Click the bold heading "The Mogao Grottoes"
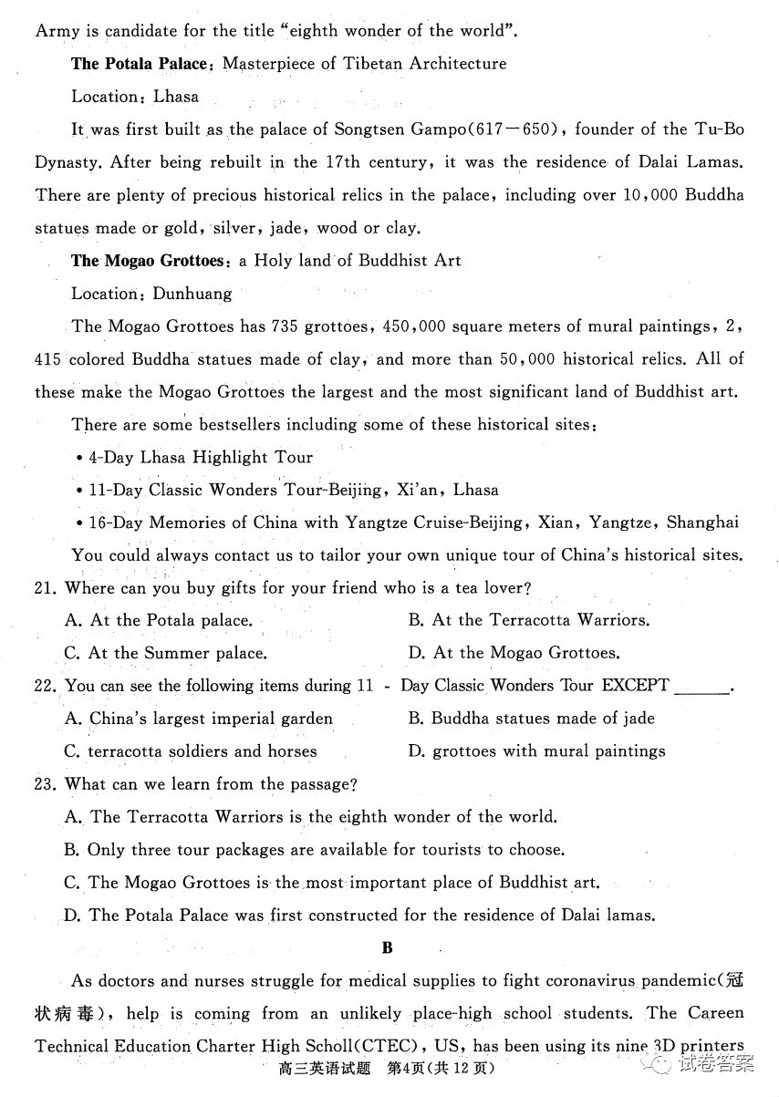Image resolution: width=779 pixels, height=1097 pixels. point(148,261)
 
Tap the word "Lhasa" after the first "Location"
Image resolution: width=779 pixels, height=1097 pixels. point(176,96)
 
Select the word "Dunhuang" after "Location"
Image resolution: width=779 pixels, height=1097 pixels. point(192,294)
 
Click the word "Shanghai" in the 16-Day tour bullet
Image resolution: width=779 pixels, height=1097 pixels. point(702,523)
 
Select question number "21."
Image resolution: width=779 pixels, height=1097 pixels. point(47,588)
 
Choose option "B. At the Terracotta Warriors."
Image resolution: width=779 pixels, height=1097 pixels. point(529,620)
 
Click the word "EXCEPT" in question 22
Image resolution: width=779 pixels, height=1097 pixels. point(635,685)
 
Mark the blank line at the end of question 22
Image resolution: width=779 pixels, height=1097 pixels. point(701,689)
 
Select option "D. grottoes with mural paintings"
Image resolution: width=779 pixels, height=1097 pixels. point(536,751)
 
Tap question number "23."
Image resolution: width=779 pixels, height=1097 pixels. point(47,784)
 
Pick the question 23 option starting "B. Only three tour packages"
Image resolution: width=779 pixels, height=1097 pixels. point(315,850)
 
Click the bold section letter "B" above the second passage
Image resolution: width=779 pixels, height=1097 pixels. point(388,948)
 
